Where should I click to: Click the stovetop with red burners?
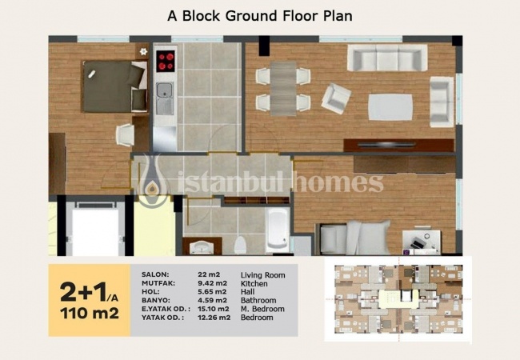tap(166, 61)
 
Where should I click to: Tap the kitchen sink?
tap(165, 98)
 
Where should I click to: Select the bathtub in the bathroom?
tap(278, 229)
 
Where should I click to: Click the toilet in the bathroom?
tap(240, 246)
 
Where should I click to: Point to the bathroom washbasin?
tap(202, 246)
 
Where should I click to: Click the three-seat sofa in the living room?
tap(387, 58)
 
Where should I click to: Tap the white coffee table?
tap(390, 106)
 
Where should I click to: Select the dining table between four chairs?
tap(283, 89)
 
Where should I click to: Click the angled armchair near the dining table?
tap(336, 98)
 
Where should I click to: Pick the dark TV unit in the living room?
tap(398, 145)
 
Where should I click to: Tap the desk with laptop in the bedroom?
tap(422, 241)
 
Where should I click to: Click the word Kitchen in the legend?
tap(254, 284)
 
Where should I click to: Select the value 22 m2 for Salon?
tap(209, 274)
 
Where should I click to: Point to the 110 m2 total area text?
tap(90, 314)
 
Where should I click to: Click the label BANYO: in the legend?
tap(156, 300)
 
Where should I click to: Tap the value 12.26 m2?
tap(214, 318)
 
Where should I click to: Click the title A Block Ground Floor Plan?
tap(260, 15)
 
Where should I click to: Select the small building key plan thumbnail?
tap(398, 298)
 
